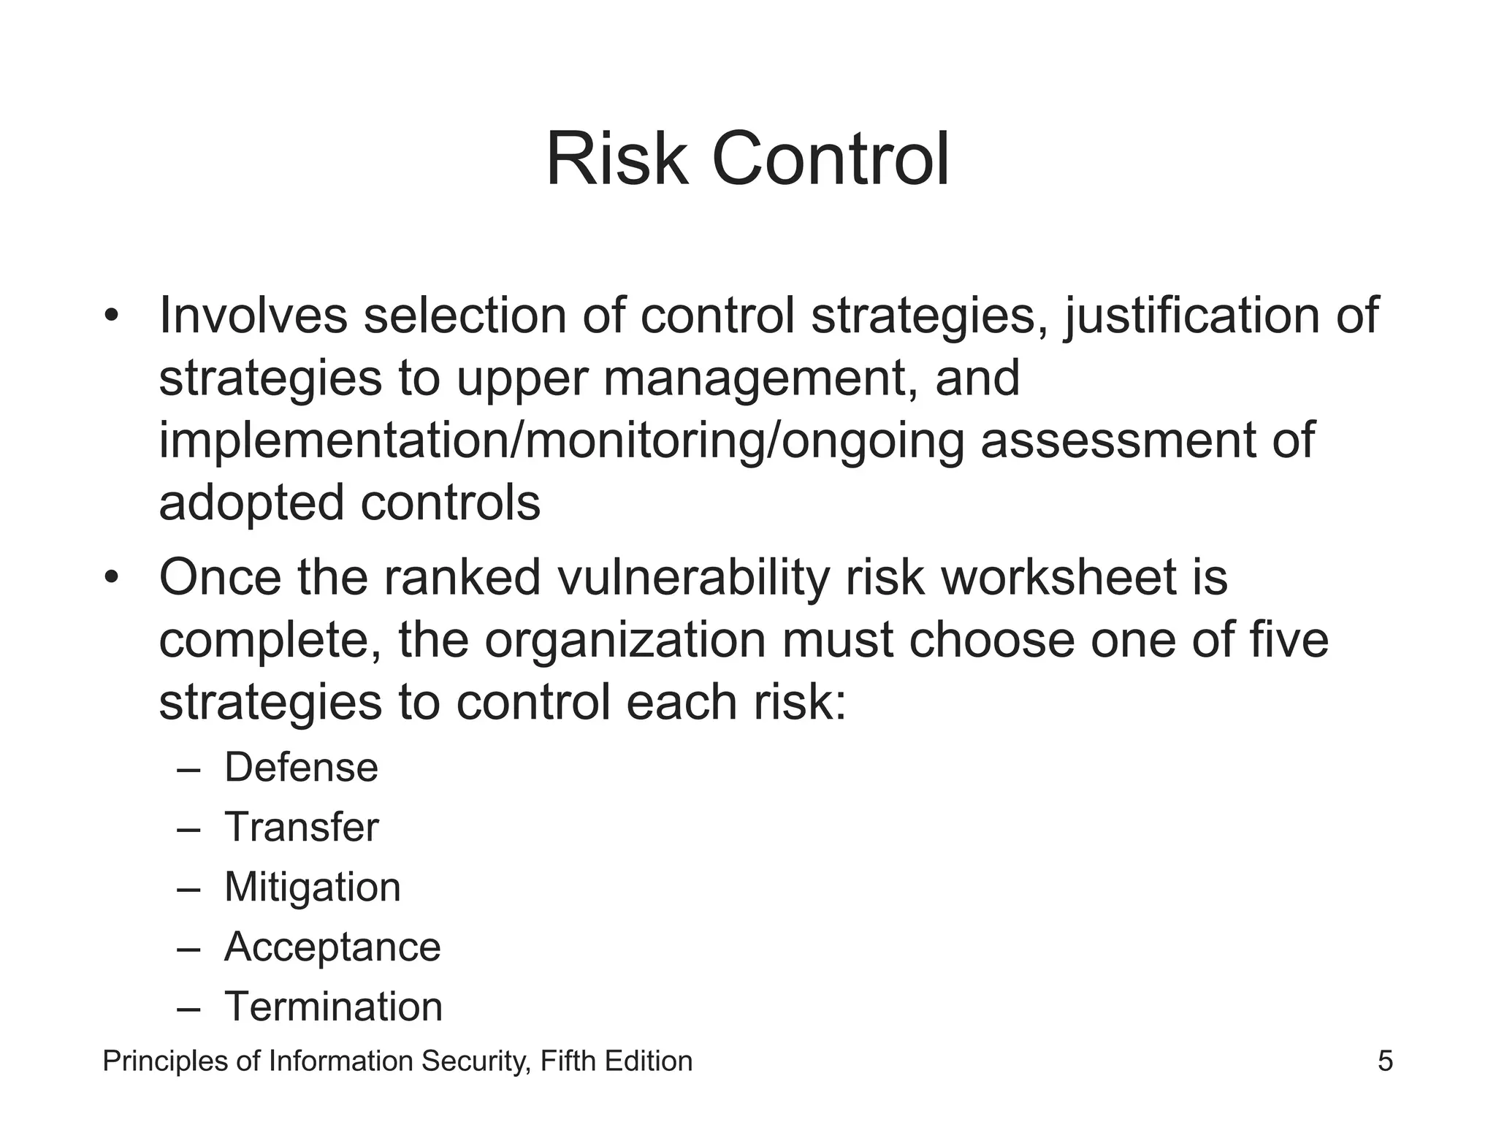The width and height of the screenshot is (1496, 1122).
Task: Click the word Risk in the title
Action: tap(617, 159)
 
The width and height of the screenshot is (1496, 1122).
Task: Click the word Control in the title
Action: tap(830, 159)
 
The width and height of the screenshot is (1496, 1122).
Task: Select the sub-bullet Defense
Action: tap(301, 768)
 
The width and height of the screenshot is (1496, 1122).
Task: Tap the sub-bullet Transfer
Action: tap(301, 828)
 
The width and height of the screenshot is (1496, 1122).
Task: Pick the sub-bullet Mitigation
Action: tap(312, 888)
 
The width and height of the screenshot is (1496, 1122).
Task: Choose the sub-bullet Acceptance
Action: tap(332, 947)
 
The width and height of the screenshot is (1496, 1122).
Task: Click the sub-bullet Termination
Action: tap(333, 1007)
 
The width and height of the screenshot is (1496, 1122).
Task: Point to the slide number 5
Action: tap(1385, 1061)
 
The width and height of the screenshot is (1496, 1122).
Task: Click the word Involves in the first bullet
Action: tap(253, 316)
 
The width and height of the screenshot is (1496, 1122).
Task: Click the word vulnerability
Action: tap(693, 579)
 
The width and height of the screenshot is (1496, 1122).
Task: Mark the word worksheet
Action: tap(1058, 577)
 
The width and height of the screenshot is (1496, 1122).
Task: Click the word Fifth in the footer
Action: tap(568, 1061)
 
